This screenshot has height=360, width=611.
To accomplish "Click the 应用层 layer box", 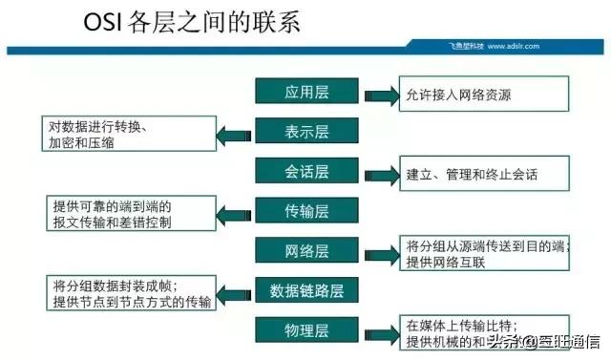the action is (x=306, y=92).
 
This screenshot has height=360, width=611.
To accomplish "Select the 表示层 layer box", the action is (x=306, y=131).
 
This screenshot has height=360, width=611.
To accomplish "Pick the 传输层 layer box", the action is (x=306, y=210).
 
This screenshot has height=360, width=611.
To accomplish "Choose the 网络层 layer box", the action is (x=306, y=250).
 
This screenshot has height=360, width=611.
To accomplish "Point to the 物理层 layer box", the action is (x=306, y=329).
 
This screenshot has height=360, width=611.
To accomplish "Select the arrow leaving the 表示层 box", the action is (x=234, y=133).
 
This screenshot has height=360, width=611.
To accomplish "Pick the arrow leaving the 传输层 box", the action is (x=234, y=213).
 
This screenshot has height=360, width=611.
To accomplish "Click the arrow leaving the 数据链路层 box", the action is (x=234, y=292).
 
